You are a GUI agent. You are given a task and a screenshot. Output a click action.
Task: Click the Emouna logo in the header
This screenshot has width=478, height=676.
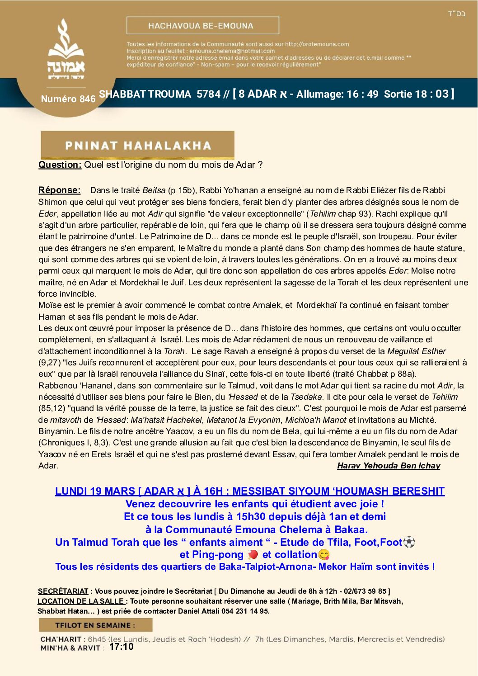point(66,50)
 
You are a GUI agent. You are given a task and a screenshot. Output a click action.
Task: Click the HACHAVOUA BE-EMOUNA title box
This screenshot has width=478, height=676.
point(202,26)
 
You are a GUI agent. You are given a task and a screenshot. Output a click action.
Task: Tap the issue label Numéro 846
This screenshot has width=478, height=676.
point(68,99)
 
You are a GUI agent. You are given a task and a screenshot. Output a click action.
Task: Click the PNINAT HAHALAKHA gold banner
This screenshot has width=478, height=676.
point(137,145)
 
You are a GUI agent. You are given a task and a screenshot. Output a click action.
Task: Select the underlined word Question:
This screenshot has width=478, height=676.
point(60,165)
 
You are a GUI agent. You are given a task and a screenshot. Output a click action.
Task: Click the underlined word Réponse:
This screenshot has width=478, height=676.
point(59,190)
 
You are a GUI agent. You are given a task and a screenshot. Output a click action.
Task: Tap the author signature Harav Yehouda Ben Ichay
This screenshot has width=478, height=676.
point(388,466)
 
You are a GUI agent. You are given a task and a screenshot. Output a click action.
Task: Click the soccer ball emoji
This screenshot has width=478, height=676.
point(409,542)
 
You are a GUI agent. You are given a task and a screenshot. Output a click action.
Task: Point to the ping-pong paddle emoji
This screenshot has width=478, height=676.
point(253,555)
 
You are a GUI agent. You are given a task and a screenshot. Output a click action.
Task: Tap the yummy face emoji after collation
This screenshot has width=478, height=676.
point(323,555)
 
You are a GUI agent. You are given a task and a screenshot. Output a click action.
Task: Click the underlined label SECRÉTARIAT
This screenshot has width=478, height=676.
point(63,591)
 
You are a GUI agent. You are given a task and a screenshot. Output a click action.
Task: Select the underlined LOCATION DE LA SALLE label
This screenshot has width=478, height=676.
point(81,601)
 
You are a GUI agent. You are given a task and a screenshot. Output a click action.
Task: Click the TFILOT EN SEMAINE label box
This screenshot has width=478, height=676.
point(95,625)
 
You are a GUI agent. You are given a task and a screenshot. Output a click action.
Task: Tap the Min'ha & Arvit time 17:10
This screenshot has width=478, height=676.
point(121,647)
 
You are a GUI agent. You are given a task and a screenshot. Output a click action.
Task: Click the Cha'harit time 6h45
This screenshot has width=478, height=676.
point(97,639)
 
